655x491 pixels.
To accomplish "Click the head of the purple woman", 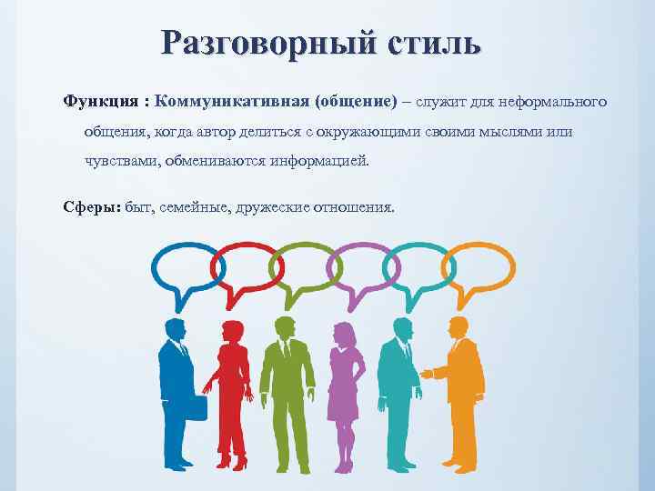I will tap(344, 336).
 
